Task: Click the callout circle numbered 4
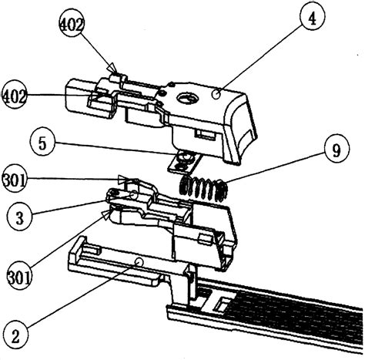pos(312,18)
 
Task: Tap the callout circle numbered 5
pos(42,143)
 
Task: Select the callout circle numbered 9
pos(337,150)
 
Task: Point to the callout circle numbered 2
pos(16,336)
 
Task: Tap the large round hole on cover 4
pos(188,98)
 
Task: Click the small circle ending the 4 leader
pos(216,95)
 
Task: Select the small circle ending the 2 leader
pos(139,261)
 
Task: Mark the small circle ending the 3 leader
pos(133,194)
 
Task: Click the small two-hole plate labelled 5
pos(184,161)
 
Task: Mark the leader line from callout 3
pos(82,204)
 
